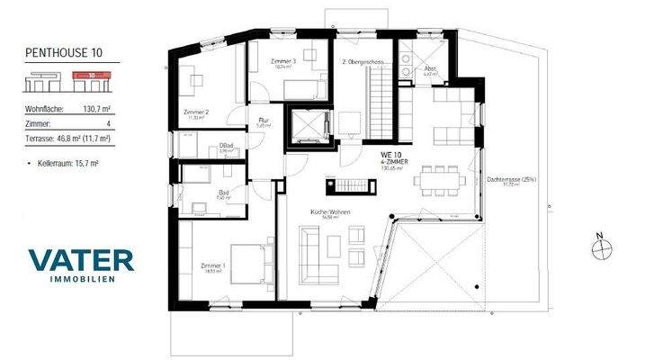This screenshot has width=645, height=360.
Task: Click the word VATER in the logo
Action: (81, 260)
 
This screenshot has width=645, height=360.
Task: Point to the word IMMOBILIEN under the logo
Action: (81, 280)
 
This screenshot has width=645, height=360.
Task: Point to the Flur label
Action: (264, 120)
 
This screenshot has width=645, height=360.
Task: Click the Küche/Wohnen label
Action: (325, 212)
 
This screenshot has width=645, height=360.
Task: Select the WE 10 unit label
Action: (392, 156)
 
